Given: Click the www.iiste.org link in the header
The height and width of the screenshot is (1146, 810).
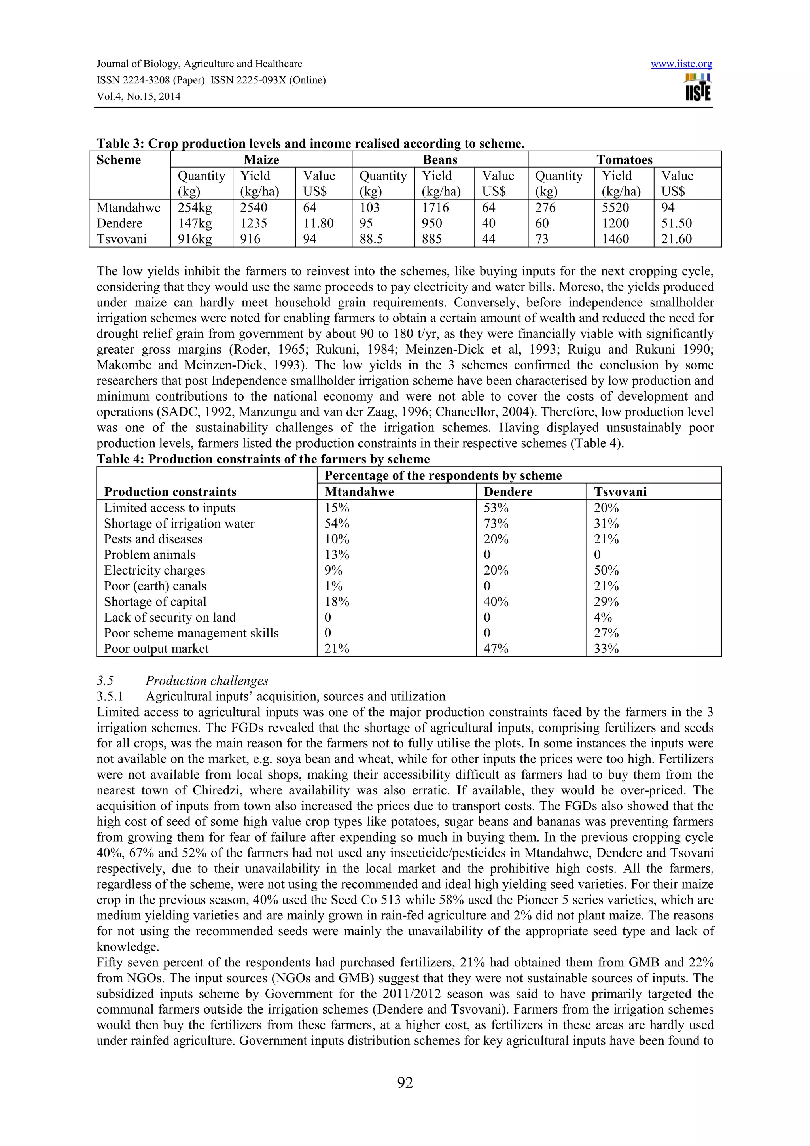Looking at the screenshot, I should point(681,64).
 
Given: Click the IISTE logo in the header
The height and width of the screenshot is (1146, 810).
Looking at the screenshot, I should point(698,87).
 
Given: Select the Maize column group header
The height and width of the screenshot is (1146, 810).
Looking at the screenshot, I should point(261,160).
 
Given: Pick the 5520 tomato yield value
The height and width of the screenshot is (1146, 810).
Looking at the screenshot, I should point(615,208).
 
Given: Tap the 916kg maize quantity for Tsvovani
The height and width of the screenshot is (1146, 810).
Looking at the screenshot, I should point(195,239).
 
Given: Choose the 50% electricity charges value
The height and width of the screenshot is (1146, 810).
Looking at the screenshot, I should point(606,571).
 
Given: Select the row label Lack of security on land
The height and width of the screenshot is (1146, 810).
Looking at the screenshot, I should point(170,617).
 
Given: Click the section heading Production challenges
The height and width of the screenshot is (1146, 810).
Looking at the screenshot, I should point(206,681).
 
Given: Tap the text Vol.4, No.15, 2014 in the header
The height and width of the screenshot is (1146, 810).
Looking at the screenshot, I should point(138,96).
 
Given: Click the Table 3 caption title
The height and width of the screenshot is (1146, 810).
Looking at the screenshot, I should point(310,144).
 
